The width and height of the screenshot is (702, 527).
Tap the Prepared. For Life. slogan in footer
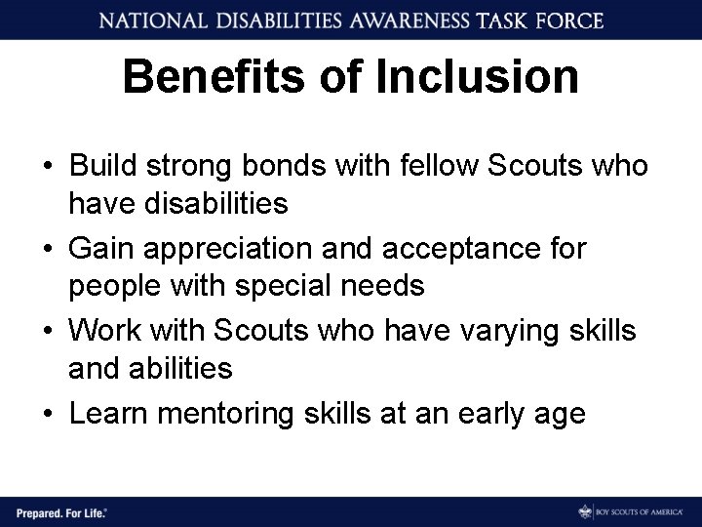pyautogui.click(x=60, y=510)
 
